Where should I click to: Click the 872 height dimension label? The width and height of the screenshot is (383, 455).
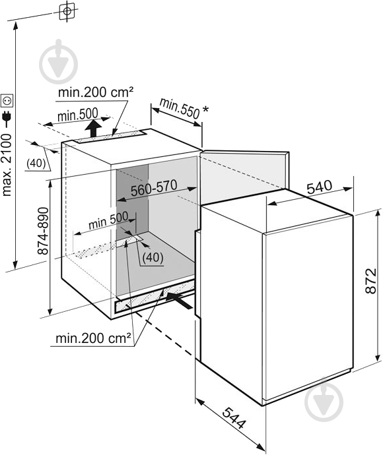(x=371, y=281)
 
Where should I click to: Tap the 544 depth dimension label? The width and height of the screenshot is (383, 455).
(x=234, y=418)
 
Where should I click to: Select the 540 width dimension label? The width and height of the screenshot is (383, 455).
(x=319, y=187)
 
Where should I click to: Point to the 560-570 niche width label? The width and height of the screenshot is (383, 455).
(x=154, y=188)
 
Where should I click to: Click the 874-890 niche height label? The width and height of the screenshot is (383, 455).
(x=43, y=231)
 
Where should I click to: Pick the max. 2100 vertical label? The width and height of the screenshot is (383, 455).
(x=7, y=165)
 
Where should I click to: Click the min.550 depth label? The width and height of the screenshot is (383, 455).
(x=180, y=109)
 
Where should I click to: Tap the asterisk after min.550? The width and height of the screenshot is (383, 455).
(x=205, y=109)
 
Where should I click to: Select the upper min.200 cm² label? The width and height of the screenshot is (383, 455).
(x=96, y=92)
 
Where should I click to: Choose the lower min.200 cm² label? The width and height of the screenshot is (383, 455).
(x=93, y=338)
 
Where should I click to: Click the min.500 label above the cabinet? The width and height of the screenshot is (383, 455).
(x=77, y=115)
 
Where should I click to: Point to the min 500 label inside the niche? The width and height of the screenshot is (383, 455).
(x=108, y=221)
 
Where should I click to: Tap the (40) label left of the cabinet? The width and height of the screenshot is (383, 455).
(x=36, y=164)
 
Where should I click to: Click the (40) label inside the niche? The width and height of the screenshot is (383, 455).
(x=153, y=257)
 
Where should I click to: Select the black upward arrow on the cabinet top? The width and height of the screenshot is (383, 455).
(x=94, y=129)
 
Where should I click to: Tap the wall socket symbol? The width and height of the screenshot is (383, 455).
(x=7, y=101)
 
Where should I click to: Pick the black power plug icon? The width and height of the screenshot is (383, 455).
(x=7, y=117)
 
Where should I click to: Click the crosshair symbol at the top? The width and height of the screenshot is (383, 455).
(x=67, y=11)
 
